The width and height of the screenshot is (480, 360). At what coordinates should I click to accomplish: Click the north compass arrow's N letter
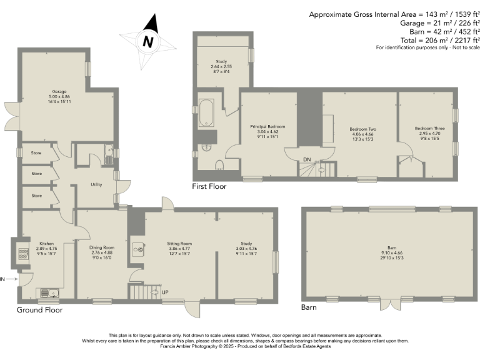tap(147, 42)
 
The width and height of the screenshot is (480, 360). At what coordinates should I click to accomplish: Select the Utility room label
tap(96, 184)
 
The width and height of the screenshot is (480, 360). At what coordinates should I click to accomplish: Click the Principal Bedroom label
tap(267, 126)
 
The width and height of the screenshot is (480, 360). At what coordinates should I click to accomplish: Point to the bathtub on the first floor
tap(206, 114)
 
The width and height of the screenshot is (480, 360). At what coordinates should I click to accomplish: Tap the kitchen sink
tap(49, 292)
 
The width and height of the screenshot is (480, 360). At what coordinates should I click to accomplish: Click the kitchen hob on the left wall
tap(24, 254)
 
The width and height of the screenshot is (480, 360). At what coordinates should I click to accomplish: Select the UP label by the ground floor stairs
tap(164, 292)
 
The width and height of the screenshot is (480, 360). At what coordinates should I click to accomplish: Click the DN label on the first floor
tap(306, 160)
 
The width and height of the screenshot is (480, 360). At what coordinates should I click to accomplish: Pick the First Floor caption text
tap(209, 186)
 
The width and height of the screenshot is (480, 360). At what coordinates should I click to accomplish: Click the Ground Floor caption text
tap(39, 310)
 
